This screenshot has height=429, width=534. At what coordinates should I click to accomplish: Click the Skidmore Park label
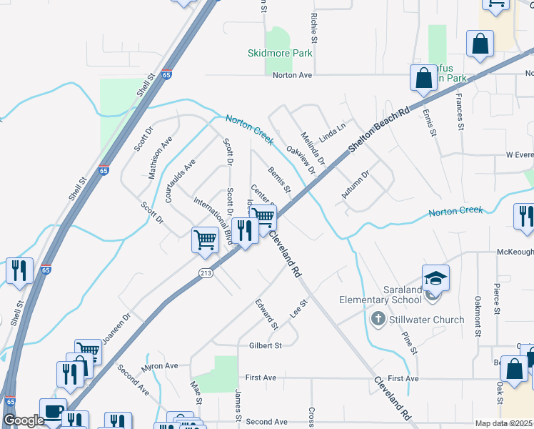tap(280, 53)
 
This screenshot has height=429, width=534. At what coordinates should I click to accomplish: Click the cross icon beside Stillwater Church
tap(378, 320)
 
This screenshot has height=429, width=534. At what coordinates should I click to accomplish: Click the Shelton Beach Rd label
tap(380, 129)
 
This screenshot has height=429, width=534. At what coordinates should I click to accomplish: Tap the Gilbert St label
tap(266, 345)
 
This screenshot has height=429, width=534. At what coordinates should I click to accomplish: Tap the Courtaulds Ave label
tap(180, 181)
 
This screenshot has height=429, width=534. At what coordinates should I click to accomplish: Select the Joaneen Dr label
tap(116, 327)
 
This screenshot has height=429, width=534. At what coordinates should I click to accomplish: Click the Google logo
tap(24, 421)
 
